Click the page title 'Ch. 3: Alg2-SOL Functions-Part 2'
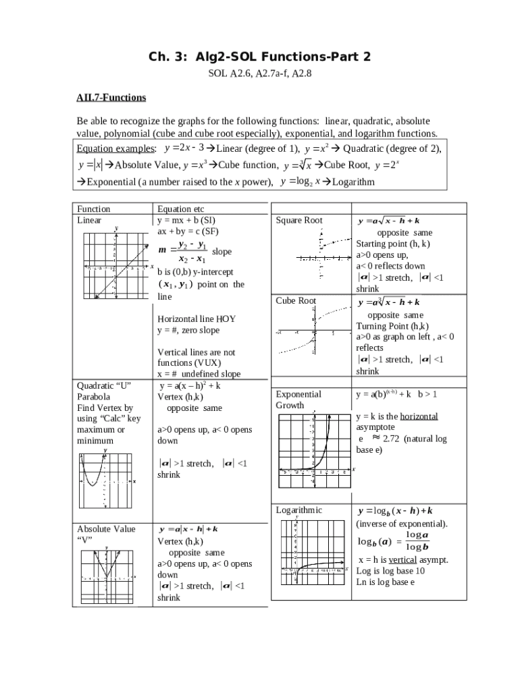259,56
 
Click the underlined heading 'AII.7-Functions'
111,98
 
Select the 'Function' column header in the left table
94,209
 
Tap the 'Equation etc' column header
180,209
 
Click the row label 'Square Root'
299,221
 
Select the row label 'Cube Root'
296,301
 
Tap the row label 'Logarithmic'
298,510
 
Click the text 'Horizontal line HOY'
197,319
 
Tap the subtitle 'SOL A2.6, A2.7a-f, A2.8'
259,74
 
